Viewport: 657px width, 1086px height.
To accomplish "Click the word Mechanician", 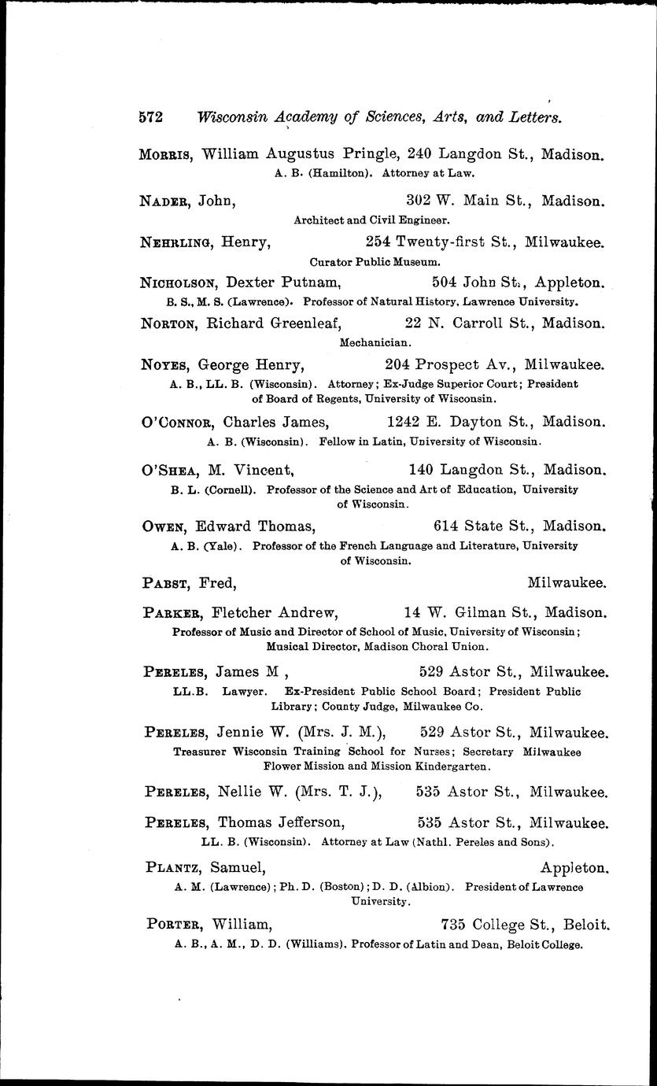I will click(x=375, y=342).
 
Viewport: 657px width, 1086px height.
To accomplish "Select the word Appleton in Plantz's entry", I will click(x=575, y=868).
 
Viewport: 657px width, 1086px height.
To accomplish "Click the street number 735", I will click(x=455, y=925).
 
